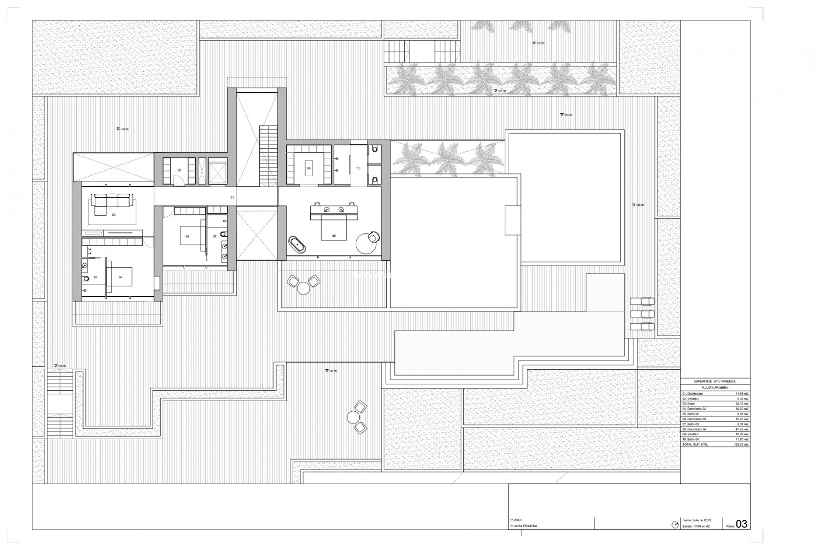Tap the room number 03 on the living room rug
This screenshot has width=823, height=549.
click(x=114, y=214)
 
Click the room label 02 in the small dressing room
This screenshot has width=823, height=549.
click(x=180, y=170)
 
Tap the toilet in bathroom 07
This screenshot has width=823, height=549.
click(x=223, y=234)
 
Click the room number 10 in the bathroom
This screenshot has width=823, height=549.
click(x=358, y=168)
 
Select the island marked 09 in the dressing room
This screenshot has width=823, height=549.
click(x=309, y=168)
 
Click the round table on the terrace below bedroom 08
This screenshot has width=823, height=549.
click(x=303, y=288)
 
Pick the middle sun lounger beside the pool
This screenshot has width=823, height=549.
click(x=642, y=314)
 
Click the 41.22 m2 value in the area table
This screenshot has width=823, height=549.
click(x=742, y=429)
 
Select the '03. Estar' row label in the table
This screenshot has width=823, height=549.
click(x=689, y=404)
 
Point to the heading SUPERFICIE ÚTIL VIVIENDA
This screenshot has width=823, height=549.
click(x=715, y=381)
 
